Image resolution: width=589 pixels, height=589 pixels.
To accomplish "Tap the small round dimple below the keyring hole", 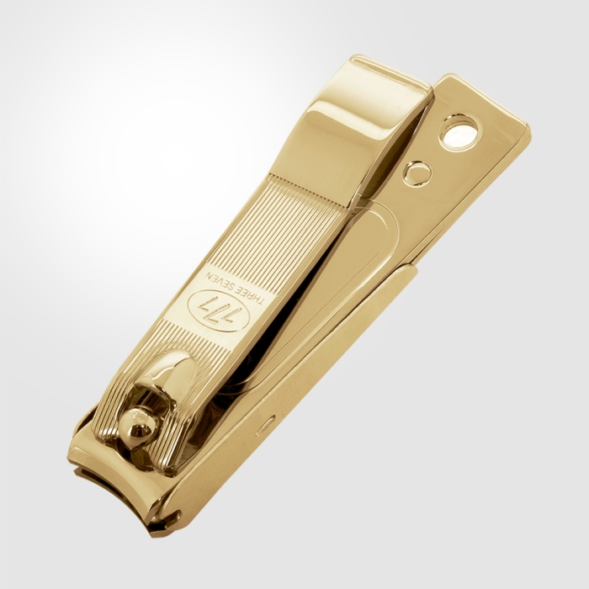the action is tap(416, 173).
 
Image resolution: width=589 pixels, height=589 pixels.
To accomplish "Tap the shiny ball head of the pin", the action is tap(140, 428).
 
